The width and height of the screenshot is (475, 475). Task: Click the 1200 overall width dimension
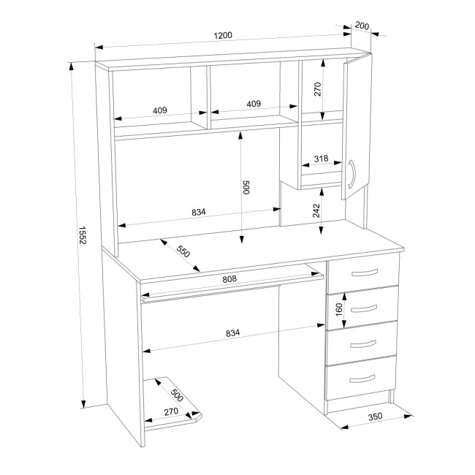coord(223,36)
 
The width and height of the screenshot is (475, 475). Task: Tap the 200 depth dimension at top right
coord(362,26)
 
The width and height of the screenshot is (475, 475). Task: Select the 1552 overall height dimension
coord(83,235)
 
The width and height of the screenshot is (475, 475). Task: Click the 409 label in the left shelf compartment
coord(159,110)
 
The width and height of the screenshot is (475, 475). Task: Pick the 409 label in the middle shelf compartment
coord(254,104)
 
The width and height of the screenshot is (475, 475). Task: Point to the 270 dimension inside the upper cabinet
coord(317,89)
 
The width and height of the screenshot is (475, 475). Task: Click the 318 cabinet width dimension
coord(321,159)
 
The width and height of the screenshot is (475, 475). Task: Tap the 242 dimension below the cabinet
coord(316,210)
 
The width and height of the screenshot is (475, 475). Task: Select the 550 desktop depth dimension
coord(183,251)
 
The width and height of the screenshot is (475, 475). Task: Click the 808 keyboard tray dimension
coord(229,278)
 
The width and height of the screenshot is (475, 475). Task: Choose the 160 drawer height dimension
coord(339,309)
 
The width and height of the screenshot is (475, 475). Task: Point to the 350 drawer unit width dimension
coord(375,417)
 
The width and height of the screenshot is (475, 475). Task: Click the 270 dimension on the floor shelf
coord(171,412)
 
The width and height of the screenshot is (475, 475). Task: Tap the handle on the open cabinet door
coord(353,174)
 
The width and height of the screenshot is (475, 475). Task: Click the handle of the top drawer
coord(365,273)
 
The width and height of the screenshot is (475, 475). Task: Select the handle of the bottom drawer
coord(362,379)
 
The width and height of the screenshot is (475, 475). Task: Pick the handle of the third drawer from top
coord(363,344)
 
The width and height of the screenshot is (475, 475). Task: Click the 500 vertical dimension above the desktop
coord(246,188)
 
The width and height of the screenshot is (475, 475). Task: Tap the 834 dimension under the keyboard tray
coord(232,333)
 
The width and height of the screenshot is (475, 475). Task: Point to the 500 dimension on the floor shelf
coord(177,395)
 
